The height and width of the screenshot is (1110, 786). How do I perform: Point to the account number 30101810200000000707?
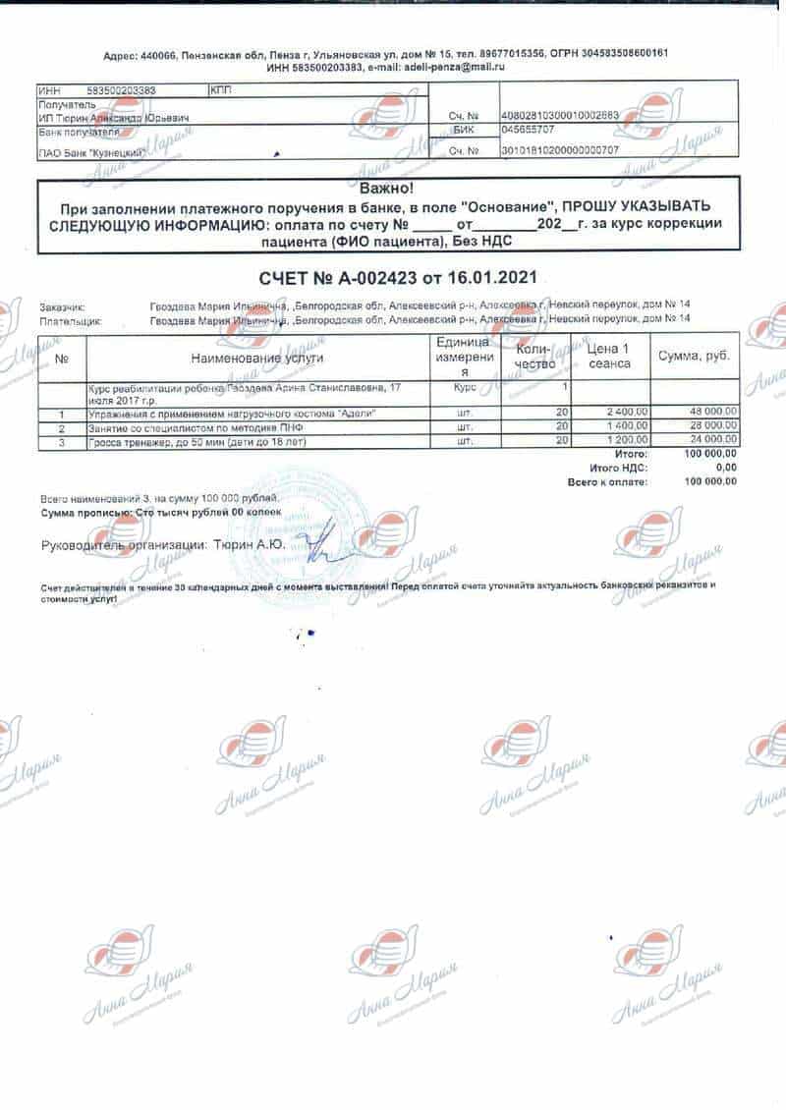[560, 150]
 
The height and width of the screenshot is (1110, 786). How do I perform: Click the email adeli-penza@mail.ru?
[450, 67]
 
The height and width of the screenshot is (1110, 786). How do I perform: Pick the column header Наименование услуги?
[257, 359]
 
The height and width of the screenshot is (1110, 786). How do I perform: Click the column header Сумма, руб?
[695, 356]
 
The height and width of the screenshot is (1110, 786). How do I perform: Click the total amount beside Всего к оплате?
[711, 481]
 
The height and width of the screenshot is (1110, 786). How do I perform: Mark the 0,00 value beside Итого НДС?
[726, 469]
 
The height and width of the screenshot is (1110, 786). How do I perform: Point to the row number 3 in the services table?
[62, 443]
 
